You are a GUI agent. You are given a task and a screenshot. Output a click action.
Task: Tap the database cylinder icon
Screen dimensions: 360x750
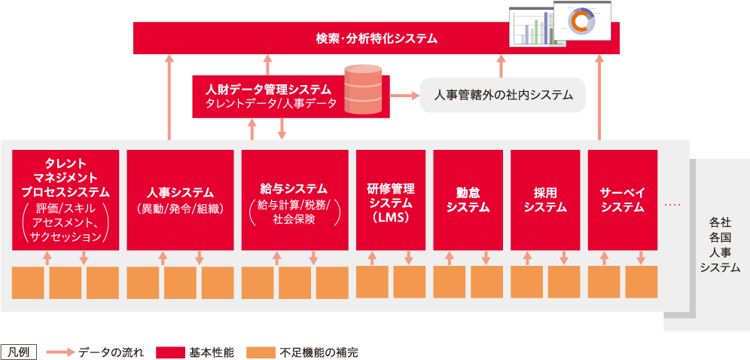[x=363, y=90]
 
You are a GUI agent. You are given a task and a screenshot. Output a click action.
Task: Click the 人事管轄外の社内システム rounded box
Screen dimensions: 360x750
[x=502, y=96]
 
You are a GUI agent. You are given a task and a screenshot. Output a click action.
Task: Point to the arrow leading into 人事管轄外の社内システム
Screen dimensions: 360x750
[x=404, y=96]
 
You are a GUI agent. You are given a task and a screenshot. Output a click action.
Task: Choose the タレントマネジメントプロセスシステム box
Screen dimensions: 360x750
[x=66, y=200]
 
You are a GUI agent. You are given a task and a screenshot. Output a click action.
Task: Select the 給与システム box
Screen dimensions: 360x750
[x=294, y=200]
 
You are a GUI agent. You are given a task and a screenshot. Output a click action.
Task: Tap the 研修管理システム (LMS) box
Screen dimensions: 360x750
[x=390, y=200]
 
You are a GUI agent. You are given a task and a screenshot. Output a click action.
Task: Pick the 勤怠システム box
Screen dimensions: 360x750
[x=468, y=200]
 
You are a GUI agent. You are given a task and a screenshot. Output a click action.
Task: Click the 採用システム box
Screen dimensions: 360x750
[x=545, y=200]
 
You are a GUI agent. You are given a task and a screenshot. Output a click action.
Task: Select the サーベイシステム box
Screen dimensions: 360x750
[x=622, y=200]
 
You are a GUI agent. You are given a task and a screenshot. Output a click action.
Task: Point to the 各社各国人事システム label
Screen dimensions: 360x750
[x=719, y=245]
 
